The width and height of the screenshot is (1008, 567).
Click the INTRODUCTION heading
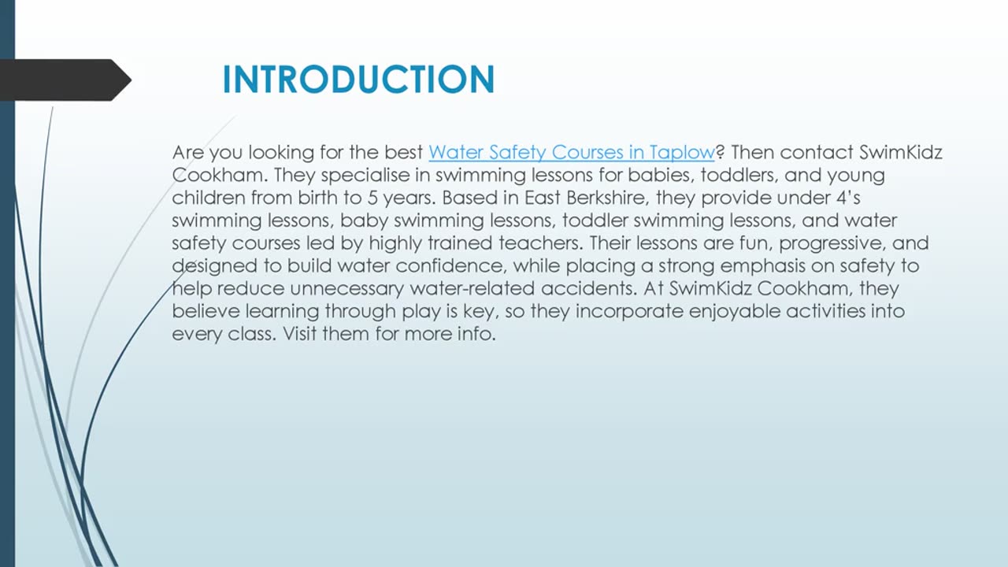(358, 80)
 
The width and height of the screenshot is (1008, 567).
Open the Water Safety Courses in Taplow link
(571, 152)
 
